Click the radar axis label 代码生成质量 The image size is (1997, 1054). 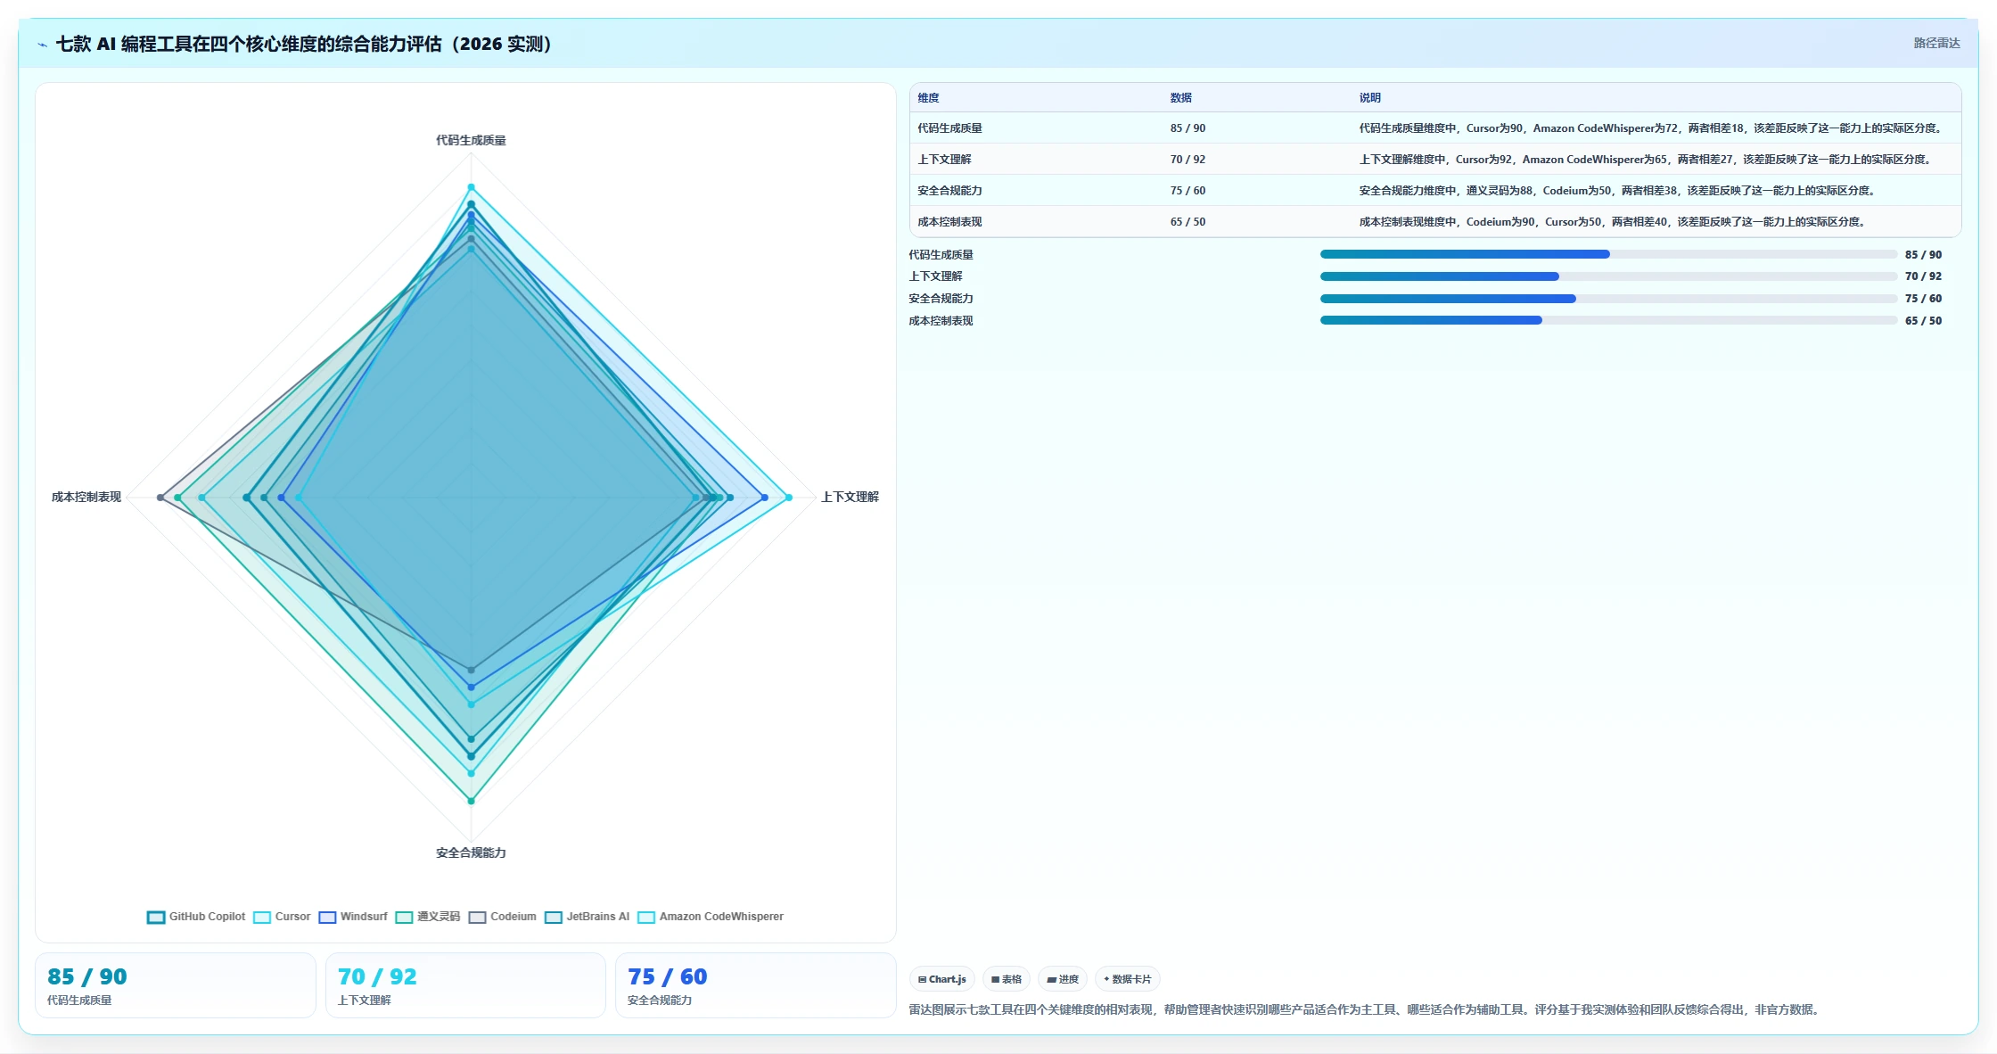point(471,140)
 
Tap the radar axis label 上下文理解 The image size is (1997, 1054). point(850,497)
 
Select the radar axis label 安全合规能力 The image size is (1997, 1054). point(471,852)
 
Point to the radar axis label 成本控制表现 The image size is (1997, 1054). point(86,497)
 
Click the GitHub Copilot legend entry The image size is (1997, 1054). point(196,917)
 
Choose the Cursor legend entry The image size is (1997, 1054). point(282,917)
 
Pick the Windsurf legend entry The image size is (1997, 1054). point(353,917)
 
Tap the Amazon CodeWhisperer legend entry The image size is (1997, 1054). point(710,917)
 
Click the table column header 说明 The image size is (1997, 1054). point(1369,98)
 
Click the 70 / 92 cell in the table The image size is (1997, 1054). point(1188,160)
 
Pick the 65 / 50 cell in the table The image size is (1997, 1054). point(1188,222)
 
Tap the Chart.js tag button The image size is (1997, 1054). point(942,979)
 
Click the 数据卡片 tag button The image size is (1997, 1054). point(1128,979)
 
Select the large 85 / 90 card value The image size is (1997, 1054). point(87,976)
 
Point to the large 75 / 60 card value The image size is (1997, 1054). point(668,976)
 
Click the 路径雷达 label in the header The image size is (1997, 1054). point(1936,43)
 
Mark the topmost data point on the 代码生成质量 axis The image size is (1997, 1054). point(472,187)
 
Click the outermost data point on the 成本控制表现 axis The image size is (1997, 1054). point(160,498)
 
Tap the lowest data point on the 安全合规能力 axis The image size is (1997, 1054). point(472,801)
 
